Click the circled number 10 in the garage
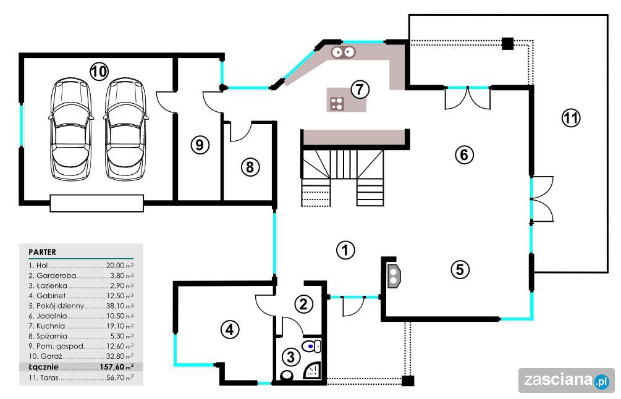[99, 72]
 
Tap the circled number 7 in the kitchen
[360, 89]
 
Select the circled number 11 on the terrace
[571, 117]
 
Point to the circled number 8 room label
[250, 167]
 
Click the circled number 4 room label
[230, 329]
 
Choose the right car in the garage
[126, 128]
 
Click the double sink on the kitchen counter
[343, 52]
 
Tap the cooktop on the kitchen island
[337, 104]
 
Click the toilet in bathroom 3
[312, 346]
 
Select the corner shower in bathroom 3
[313, 370]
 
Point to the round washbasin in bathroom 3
[286, 375]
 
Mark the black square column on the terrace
[508, 43]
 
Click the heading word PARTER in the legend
[43, 252]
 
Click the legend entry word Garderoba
[56, 275]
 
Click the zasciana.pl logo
[567, 380]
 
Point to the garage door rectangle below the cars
[96, 203]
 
